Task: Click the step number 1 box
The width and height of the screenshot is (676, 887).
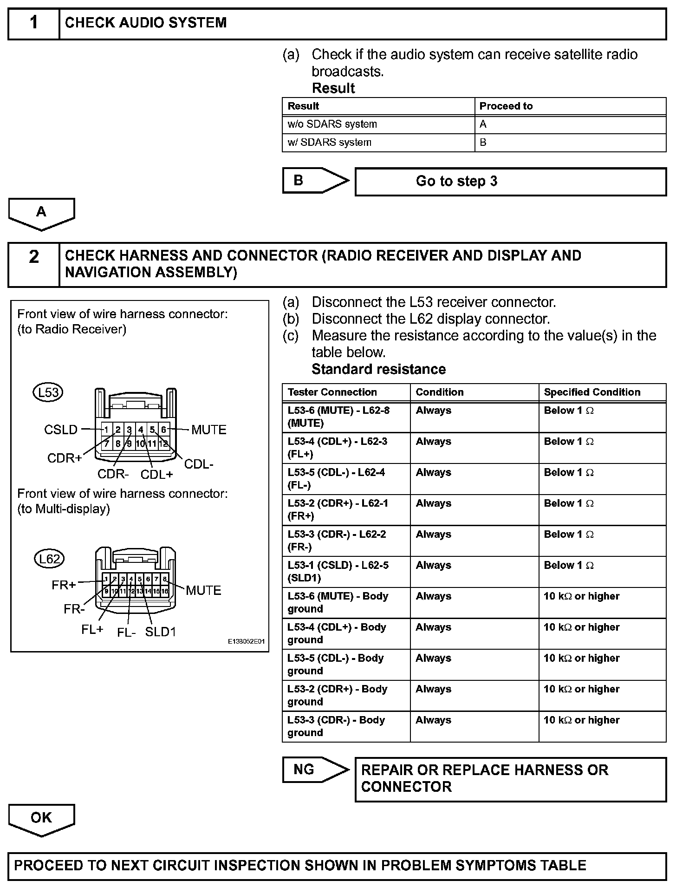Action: (x=34, y=23)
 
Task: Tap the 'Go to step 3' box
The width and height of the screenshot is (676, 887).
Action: (x=510, y=182)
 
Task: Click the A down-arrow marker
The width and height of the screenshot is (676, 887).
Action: (x=41, y=213)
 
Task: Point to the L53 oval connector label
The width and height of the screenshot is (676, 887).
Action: (x=48, y=392)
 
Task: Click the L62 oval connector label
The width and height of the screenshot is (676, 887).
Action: (x=49, y=559)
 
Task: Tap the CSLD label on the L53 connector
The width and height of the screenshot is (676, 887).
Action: (x=61, y=430)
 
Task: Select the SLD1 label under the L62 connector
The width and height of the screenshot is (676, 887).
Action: (x=160, y=632)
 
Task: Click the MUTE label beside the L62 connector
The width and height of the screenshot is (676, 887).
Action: (x=203, y=590)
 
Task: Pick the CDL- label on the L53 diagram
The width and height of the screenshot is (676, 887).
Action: (x=199, y=464)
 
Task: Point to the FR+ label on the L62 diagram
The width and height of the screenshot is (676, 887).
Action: (x=64, y=585)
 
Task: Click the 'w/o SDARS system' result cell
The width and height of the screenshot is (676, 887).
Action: (x=378, y=124)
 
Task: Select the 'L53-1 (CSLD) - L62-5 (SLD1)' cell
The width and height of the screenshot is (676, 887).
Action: (x=346, y=572)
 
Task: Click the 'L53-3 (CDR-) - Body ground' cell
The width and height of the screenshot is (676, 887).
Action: (x=346, y=726)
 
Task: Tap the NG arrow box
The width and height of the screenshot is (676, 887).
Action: (x=315, y=770)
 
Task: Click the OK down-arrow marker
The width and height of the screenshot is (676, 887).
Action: (x=41, y=819)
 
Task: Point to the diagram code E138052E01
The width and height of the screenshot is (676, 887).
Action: (x=246, y=641)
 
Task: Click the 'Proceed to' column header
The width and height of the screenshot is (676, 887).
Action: (x=570, y=106)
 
